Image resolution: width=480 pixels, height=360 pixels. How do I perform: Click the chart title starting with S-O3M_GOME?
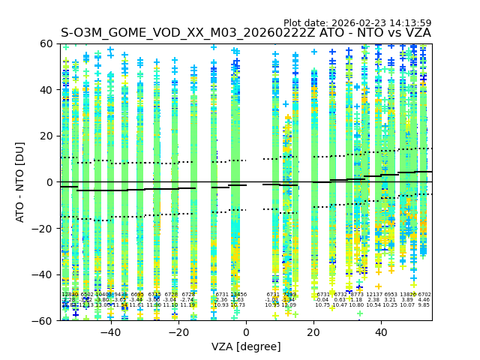(246, 33)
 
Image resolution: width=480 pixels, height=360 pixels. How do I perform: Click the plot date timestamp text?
(357, 23)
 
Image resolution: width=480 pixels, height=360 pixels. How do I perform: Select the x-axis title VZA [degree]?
(246, 346)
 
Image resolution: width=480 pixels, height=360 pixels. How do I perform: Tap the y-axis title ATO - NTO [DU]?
(20, 182)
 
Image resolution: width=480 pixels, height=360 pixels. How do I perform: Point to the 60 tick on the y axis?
(46, 43)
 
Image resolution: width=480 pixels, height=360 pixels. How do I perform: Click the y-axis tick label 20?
(46, 136)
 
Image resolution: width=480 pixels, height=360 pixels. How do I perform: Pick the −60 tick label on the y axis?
(43, 320)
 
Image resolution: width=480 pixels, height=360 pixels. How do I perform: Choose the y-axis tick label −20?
(43, 228)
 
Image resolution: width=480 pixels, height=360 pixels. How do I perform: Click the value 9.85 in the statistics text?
(424, 305)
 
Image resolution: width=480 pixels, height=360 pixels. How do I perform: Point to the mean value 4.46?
(424, 300)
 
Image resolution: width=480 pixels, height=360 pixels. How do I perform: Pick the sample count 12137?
(373, 295)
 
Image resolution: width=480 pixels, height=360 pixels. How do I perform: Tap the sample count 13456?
(238, 295)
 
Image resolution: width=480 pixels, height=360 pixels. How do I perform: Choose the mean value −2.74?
(187, 300)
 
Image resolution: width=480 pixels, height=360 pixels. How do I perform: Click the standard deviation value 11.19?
(187, 305)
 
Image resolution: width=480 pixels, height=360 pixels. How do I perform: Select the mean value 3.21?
(390, 300)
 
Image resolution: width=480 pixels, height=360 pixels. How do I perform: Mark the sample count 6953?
(390, 295)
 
